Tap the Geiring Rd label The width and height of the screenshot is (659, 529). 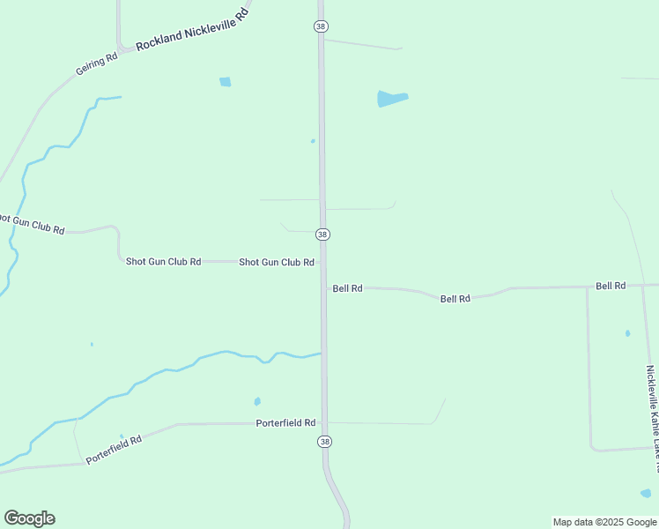(97, 63)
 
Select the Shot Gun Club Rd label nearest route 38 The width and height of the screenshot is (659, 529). (277, 262)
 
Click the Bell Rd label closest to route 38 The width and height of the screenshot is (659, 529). (348, 288)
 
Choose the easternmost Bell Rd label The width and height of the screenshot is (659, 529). (611, 286)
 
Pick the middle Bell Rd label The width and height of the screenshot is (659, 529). (455, 299)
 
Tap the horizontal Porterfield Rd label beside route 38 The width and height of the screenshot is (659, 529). (285, 423)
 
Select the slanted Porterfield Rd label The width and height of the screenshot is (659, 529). (115, 446)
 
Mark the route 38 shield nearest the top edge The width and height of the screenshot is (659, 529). (321, 26)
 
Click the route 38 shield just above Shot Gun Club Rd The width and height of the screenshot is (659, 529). (323, 235)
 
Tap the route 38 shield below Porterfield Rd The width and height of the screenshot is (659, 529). (325, 442)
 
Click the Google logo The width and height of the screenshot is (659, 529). (29, 518)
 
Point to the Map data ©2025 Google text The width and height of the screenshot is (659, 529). (605, 522)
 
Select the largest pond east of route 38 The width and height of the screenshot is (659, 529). (392, 98)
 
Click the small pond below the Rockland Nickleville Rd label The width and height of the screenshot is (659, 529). (226, 82)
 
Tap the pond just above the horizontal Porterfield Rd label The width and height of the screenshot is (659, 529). (257, 401)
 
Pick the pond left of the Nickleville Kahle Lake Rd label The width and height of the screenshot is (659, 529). (627, 333)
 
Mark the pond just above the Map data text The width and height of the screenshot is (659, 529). (646, 493)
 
